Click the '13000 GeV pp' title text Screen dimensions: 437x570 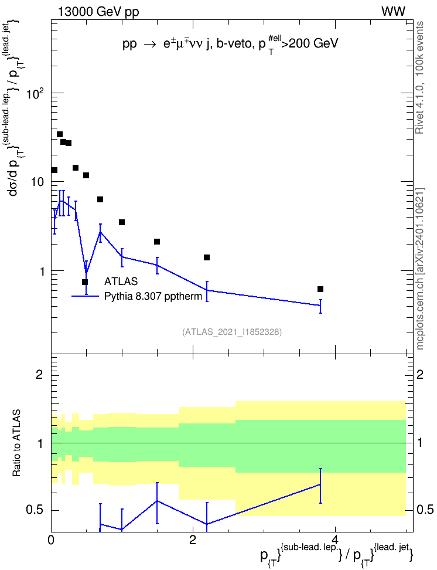(98, 12)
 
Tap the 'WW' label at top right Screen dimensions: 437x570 (393, 12)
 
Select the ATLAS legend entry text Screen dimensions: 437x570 (121, 281)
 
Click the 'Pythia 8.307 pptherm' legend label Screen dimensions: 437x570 (153, 296)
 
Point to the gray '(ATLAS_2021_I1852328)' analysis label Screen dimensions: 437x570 (232, 331)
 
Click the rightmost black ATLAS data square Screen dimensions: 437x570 (320, 289)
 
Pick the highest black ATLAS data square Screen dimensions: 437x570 (60, 134)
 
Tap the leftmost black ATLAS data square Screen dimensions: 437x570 (54, 170)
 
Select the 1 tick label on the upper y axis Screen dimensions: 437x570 (41, 271)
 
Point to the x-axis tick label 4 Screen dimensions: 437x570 (335, 540)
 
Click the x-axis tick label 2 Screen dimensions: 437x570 (193, 540)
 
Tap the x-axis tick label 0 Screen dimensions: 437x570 (51, 540)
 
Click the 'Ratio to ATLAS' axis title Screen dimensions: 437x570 (16, 443)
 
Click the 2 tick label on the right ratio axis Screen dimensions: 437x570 (420, 374)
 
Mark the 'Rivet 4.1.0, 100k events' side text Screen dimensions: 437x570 (420, 77)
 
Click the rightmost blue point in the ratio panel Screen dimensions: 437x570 (320, 484)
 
